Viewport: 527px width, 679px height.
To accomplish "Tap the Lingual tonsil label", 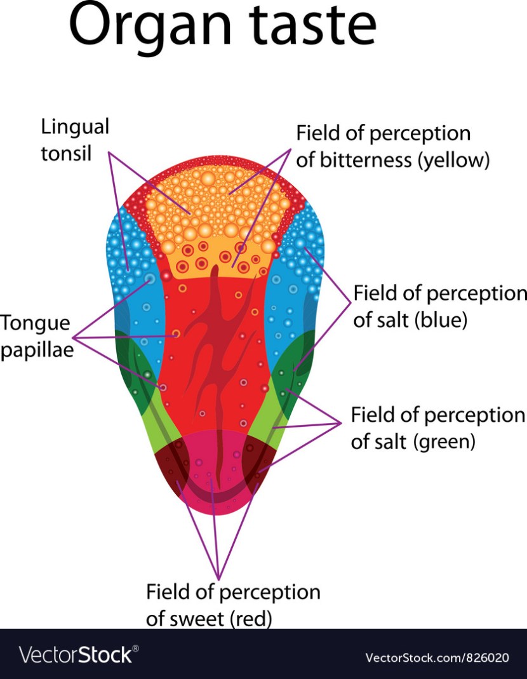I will [75, 140].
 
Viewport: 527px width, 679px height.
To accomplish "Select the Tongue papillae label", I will [36, 337].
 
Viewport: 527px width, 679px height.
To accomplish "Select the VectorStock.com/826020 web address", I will [437, 655].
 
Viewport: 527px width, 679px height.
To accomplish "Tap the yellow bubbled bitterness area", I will [216, 210].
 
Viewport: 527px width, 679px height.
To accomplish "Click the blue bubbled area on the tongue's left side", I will [130, 267].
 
